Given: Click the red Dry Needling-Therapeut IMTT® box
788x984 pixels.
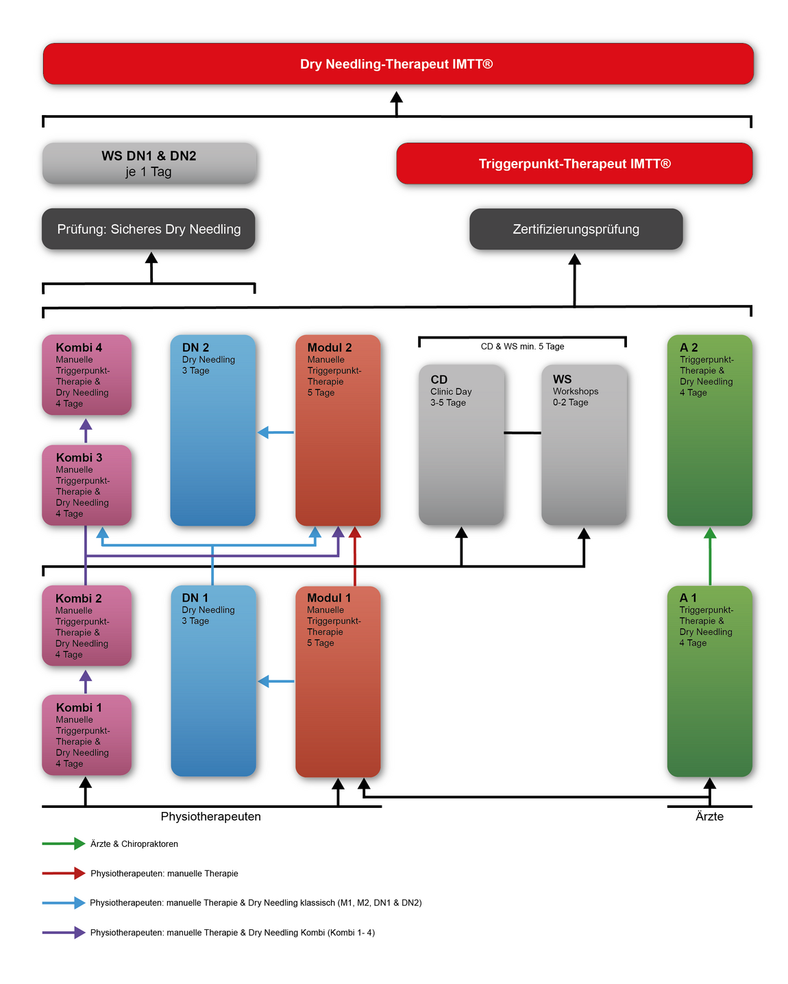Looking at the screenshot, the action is (398, 64).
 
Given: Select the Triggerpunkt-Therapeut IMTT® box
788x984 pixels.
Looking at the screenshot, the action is (574, 163).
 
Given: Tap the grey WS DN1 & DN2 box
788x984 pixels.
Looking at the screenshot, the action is (149, 163).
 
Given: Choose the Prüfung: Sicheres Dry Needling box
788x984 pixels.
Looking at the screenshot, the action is (149, 229).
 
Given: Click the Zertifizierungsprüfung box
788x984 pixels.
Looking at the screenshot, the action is (576, 229).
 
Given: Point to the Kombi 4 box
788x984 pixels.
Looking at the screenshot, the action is (87, 375).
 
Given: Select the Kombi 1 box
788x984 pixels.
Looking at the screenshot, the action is (87, 735).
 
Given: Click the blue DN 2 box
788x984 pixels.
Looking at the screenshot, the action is (212, 430).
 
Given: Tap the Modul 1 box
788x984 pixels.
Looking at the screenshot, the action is (338, 681).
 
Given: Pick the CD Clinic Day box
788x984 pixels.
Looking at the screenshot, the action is (461, 445).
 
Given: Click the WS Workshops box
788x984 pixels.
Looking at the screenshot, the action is (584, 445).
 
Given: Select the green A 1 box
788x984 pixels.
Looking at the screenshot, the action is (709, 681).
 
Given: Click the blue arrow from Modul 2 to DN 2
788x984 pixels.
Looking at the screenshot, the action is (275, 432).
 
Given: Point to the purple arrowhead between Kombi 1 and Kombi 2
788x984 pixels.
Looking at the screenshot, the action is (86, 676).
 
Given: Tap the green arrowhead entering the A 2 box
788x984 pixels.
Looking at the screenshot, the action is (710, 532).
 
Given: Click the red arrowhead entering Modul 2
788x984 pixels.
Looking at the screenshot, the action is (355, 532).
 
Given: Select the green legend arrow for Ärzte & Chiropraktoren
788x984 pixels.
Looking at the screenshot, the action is (64, 843).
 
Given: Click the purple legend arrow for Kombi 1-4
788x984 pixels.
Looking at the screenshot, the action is (64, 932).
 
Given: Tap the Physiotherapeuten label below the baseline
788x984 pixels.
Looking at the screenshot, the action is (211, 816).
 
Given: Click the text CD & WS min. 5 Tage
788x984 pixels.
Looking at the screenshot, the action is (522, 346).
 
